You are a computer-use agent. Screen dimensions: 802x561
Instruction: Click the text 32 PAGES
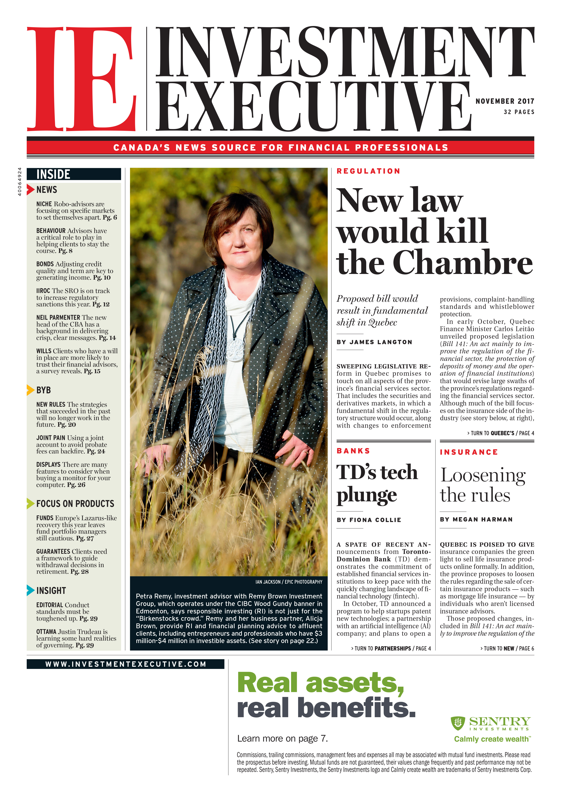(519, 112)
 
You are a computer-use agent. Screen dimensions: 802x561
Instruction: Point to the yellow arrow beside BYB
(30, 390)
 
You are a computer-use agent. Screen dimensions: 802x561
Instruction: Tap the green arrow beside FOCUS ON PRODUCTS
(30, 503)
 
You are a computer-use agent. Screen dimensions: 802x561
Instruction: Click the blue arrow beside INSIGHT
(30, 590)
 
